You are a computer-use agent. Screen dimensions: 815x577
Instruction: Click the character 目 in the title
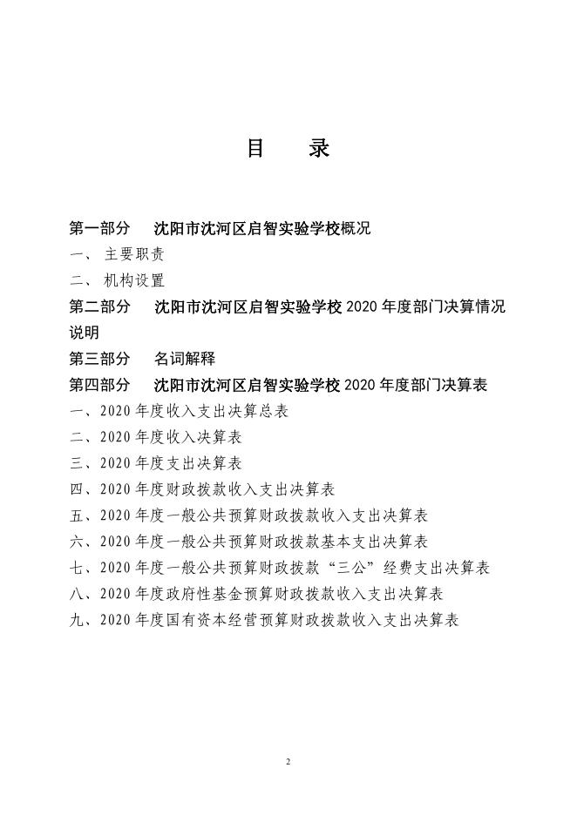pos(255,149)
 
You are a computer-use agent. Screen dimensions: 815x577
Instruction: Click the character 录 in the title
pos(319,149)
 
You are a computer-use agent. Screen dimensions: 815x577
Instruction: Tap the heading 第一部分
pos(100,229)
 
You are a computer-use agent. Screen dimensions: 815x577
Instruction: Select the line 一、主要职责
pos(118,255)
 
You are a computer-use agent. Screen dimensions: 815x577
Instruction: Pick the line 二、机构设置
pos(118,281)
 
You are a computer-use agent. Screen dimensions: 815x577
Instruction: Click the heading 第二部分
pos(100,307)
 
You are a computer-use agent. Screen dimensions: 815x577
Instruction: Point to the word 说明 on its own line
pos(85,333)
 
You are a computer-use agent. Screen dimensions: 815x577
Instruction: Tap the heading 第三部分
pos(100,359)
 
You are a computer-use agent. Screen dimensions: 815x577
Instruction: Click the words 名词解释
pos(184,359)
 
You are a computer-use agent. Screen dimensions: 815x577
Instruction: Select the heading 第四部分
pos(100,385)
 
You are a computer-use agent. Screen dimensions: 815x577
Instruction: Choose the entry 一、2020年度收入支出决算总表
pos(179,411)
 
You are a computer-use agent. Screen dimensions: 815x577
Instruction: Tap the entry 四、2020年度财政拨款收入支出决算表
pos(202,489)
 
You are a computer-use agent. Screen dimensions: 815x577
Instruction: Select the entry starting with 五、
pos(248,515)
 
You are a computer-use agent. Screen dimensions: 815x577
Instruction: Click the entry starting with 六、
pos(248,542)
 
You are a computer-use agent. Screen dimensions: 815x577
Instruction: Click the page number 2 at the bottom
pos(288,762)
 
